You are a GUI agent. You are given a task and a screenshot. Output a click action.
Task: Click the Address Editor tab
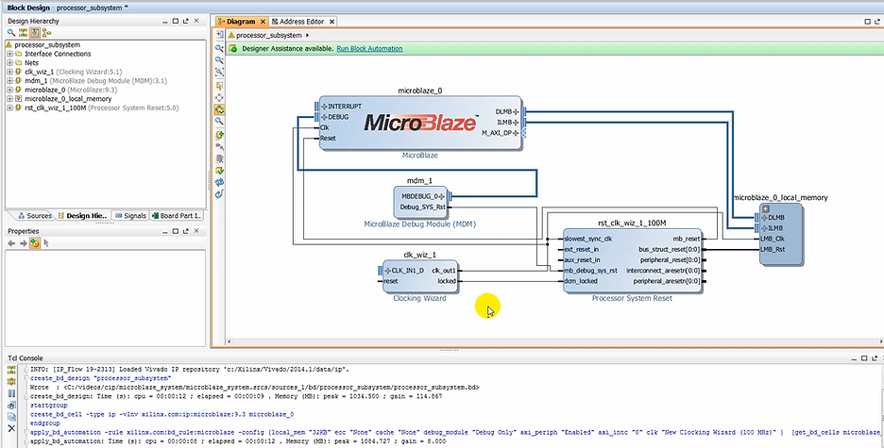pos(299,21)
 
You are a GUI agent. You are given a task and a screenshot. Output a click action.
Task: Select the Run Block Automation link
pos(369,48)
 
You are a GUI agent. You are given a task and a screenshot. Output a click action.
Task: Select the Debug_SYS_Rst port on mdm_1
pos(422,207)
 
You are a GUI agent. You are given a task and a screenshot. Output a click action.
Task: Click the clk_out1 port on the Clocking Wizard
pos(443,271)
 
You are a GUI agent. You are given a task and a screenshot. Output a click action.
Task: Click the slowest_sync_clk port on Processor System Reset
pos(588,239)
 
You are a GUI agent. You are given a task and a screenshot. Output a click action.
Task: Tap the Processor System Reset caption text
pos(632,298)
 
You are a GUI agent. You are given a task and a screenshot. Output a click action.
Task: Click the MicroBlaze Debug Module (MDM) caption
pos(418,224)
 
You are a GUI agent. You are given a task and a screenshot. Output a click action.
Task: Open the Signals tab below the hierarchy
pos(134,216)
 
